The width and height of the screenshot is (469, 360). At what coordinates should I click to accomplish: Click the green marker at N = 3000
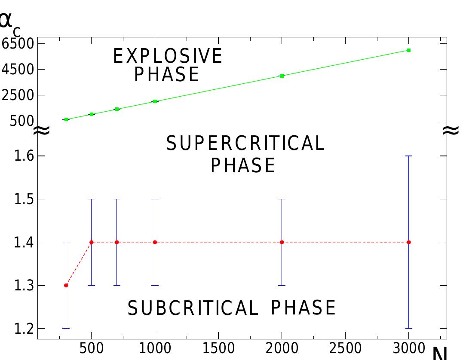[409, 50]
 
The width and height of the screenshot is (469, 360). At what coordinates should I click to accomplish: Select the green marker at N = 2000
[282, 76]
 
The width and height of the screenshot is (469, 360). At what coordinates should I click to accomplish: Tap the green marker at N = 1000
[155, 101]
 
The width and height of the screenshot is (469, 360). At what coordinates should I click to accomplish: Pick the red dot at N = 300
[66, 285]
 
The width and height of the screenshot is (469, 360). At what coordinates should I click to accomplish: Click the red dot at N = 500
[91, 242]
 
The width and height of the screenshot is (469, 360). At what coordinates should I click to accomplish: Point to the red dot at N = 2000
[282, 242]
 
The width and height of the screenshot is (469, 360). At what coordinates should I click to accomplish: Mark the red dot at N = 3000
[409, 242]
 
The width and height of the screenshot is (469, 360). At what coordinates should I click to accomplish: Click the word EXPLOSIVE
[168, 56]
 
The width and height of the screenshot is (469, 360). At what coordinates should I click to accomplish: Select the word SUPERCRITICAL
[245, 143]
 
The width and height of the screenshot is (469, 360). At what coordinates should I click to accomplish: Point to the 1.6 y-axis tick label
[24, 156]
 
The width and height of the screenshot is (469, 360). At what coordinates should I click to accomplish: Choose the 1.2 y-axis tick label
[24, 329]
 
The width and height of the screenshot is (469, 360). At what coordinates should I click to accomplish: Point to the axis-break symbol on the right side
[451, 130]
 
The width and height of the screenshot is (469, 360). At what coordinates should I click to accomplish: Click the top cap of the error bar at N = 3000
[409, 156]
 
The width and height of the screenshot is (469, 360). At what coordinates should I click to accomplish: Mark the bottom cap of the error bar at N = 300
[66, 329]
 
